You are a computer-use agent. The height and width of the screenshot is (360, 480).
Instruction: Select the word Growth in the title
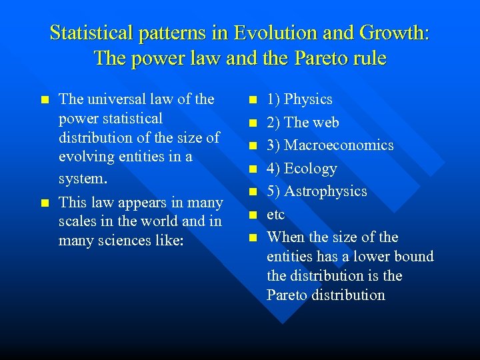[x=392, y=33]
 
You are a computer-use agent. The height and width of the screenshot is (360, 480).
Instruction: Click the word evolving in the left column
[x=86, y=157]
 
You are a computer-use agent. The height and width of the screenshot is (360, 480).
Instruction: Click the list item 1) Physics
[x=299, y=99]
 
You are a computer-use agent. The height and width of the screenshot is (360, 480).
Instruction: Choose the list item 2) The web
[x=302, y=123]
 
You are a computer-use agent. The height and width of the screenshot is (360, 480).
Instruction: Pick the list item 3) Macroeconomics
[x=329, y=145]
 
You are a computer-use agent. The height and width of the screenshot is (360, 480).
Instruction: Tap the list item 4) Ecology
[x=301, y=169]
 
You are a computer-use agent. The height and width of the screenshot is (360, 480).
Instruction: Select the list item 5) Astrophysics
[x=316, y=191]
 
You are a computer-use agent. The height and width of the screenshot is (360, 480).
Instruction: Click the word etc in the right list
[x=275, y=215]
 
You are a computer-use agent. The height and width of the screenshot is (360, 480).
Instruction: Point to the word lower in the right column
[x=374, y=257]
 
